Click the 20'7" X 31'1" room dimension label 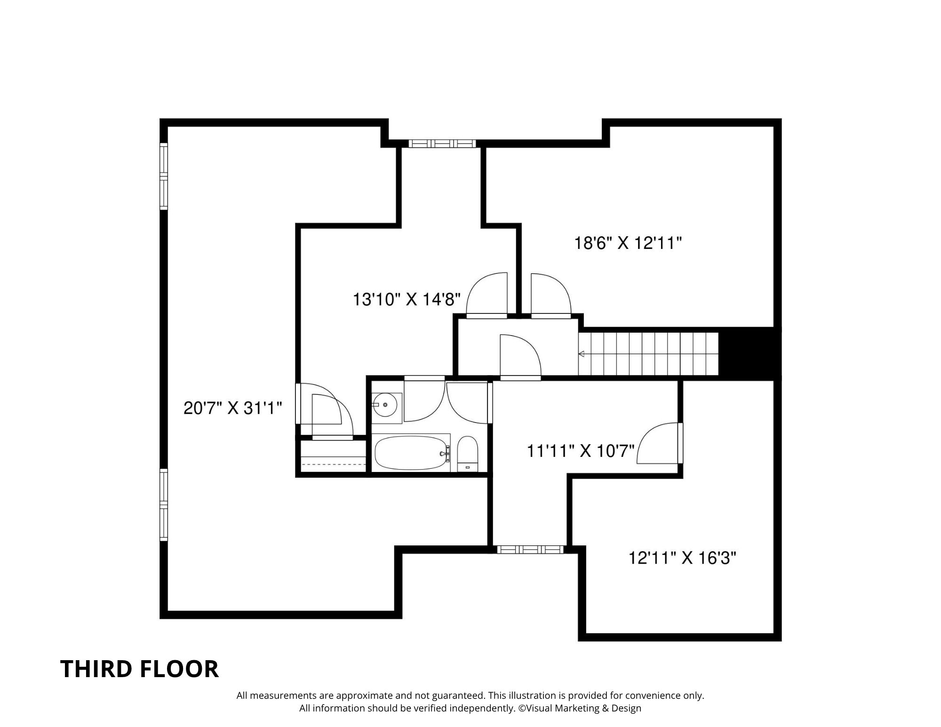click(x=232, y=408)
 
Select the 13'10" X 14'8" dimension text click(x=407, y=299)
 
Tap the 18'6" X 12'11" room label click(x=628, y=243)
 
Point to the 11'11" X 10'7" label click(x=581, y=451)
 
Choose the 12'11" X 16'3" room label click(x=682, y=558)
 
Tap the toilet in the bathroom click(x=468, y=454)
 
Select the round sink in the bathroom click(x=385, y=404)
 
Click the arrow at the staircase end click(x=582, y=354)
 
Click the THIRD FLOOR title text click(x=140, y=669)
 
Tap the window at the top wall click(x=442, y=144)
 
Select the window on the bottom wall click(x=530, y=549)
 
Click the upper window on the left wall click(x=163, y=176)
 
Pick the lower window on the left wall click(x=163, y=504)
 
